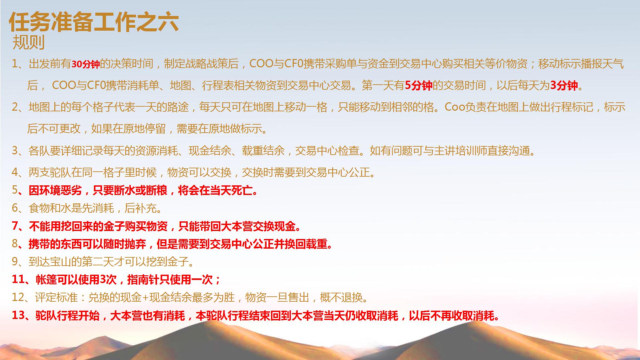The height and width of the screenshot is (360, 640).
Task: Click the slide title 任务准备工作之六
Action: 93,23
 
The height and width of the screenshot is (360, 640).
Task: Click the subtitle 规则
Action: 28,43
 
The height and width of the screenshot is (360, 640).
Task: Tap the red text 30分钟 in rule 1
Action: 86,64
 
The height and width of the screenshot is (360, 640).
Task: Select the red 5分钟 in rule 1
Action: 418,86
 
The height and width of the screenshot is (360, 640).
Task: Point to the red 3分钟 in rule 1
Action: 564,86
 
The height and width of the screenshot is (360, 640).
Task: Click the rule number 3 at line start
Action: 15,151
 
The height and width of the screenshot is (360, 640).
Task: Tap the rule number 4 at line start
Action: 15,172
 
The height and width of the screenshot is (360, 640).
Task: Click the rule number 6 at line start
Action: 15,208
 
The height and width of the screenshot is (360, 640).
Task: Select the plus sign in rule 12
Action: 145,297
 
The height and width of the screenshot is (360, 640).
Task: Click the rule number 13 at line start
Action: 18,315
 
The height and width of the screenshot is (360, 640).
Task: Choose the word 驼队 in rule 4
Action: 61,172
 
